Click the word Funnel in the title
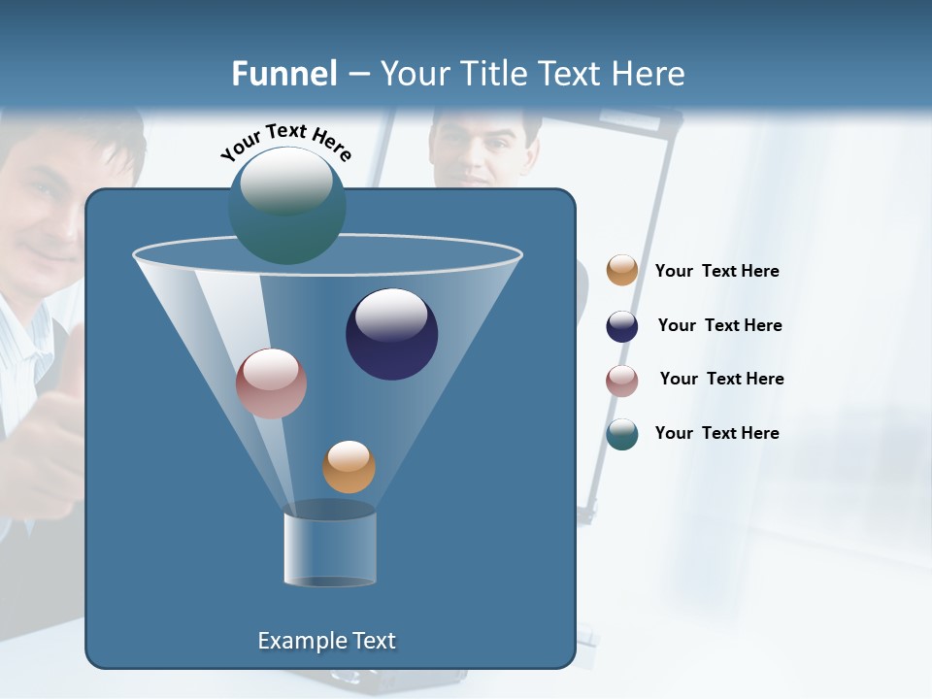[x=283, y=74]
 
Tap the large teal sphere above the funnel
[x=286, y=205]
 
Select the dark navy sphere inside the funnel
[x=391, y=334]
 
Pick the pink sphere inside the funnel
[x=271, y=383]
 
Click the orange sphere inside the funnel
[x=349, y=467]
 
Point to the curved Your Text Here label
[x=285, y=142]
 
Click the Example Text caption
[x=326, y=641]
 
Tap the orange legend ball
[x=622, y=270]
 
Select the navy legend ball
[x=622, y=326]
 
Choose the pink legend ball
[x=622, y=380]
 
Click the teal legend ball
[x=622, y=434]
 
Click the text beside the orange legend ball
[x=716, y=271]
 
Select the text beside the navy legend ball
[x=719, y=325]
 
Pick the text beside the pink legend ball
[x=721, y=379]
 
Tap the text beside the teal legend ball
[x=716, y=433]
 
